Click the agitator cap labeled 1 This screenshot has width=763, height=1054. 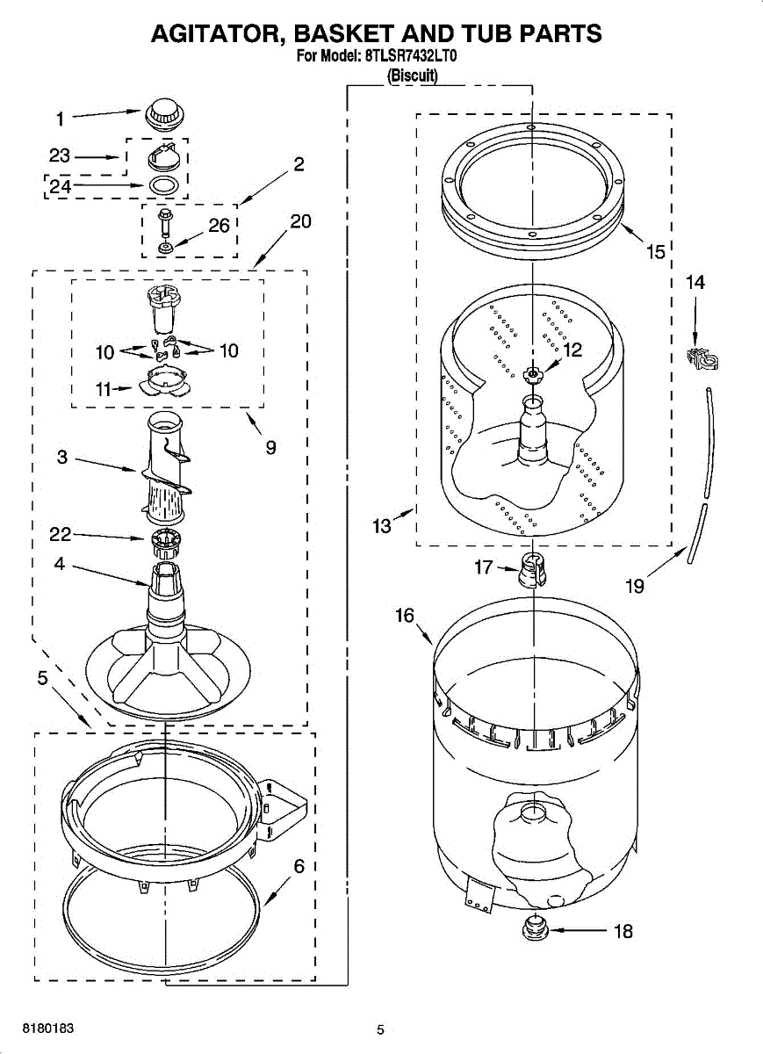coord(164,114)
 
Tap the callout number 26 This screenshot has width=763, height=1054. coord(219,226)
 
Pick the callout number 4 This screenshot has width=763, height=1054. coord(59,565)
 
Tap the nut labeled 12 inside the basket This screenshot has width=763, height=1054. coord(531,375)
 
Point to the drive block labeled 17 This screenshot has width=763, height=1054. coord(532,568)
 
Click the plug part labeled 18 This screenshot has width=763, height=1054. coord(531,927)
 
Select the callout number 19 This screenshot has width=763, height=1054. coord(635,585)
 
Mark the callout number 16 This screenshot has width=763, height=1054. coord(404,616)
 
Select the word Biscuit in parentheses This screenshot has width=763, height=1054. coord(413,76)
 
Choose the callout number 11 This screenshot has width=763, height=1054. coord(104,389)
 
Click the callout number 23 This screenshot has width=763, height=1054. coord(60,155)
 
